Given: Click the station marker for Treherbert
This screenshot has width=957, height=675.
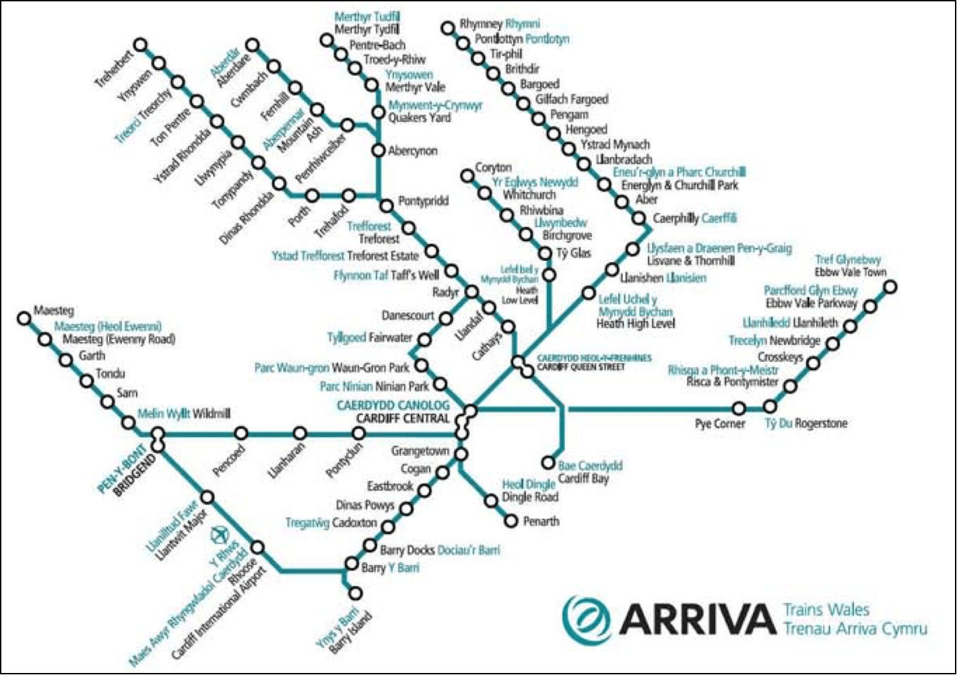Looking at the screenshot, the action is click(x=140, y=45).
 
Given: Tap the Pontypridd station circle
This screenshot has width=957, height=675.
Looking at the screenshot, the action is click(x=387, y=206).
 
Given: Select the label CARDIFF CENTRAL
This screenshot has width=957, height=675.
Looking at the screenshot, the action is click(x=403, y=418).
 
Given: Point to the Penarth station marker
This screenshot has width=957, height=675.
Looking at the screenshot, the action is click(x=511, y=521).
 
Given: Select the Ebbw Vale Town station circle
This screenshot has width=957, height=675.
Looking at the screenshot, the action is click(x=890, y=287).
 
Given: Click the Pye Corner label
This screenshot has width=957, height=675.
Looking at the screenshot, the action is click(x=720, y=424).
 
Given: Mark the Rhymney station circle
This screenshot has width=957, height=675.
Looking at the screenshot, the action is click(x=448, y=28).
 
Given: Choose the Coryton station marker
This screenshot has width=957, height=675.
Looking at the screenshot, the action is click(x=467, y=176).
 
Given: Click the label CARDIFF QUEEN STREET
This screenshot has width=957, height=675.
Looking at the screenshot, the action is click(x=581, y=368).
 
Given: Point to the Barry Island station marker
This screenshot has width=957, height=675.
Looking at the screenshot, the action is click(x=355, y=593).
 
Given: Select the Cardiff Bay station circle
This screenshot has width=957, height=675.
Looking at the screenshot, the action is click(x=548, y=463).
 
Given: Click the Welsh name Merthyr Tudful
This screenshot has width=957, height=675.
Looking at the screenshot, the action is click(x=366, y=16).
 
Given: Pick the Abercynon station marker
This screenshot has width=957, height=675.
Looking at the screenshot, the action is click(x=378, y=150).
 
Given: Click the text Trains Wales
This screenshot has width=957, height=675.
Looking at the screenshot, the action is click(x=826, y=610).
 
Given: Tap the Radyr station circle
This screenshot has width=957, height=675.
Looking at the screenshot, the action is click(x=472, y=292).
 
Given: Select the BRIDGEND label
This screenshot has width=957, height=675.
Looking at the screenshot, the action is click(x=135, y=475).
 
